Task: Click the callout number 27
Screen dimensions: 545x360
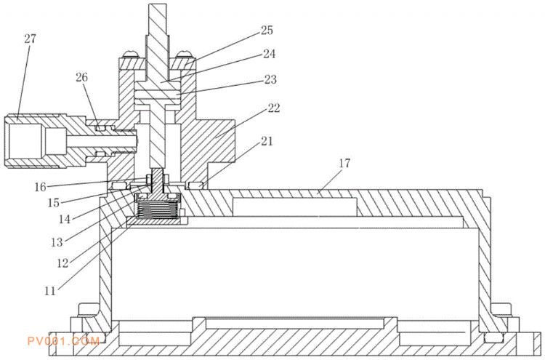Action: tap(31, 39)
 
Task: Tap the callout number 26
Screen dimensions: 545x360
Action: tap(82, 77)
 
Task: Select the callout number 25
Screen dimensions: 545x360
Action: tap(267, 31)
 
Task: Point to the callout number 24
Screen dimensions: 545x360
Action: tap(269, 54)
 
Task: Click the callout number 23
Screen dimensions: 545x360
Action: tap(270, 80)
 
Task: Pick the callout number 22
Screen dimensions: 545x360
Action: tap(273, 108)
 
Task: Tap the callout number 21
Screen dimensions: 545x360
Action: tap(267, 141)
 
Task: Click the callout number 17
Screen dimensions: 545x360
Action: tap(344, 163)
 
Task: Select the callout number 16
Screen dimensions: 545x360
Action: tap(40, 187)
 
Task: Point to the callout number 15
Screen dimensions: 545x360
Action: tap(54, 203)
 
